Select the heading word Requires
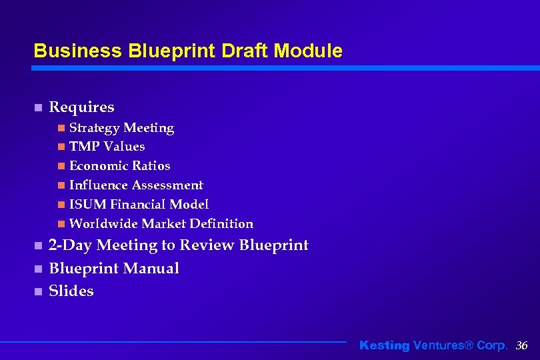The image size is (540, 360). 81,107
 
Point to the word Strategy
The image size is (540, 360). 95,128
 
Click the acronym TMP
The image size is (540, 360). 84,147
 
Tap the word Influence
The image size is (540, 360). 99,185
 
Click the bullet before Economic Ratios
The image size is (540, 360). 61,166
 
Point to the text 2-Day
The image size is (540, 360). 70,245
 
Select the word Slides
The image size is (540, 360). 71,291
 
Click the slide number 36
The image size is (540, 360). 521,345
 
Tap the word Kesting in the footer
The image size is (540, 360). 385,345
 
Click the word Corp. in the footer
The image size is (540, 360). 492,345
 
